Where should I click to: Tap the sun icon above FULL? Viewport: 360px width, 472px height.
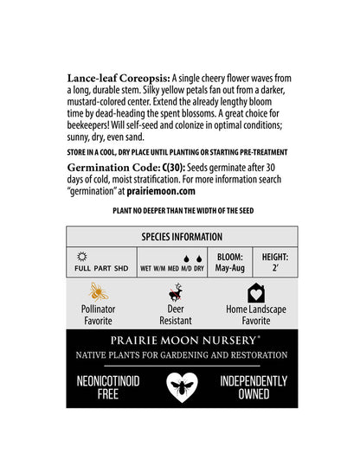(82, 257)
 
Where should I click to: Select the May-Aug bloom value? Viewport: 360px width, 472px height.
(229, 269)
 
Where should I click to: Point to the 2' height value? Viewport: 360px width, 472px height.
(275, 269)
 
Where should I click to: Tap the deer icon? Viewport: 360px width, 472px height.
(176, 293)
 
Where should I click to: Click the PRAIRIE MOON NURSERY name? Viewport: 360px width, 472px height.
(180, 341)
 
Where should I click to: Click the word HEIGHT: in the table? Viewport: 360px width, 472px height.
(275, 257)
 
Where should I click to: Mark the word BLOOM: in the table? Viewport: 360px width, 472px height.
(229, 257)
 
